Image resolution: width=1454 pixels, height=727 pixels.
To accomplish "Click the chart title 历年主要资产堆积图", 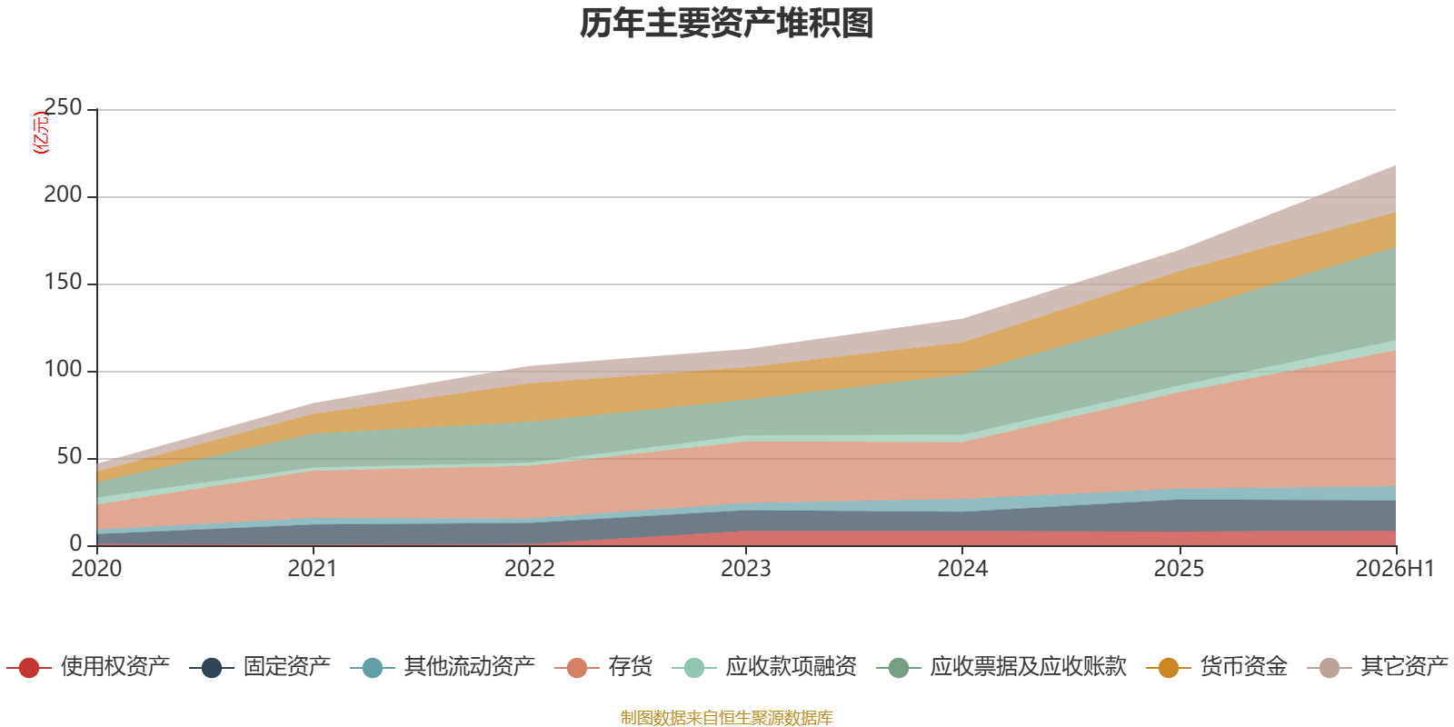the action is (726, 24).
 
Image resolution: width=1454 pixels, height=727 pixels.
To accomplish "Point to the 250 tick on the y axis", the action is (63, 107).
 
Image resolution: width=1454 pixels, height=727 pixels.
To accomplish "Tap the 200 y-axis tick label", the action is (63, 194).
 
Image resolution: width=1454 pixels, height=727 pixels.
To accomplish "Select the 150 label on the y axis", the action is (63, 282).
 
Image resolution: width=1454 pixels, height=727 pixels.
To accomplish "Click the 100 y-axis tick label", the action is (63, 369).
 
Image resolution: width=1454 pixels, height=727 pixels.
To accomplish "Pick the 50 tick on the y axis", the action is (69, 456).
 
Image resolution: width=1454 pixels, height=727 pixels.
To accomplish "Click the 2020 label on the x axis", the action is (96, 569).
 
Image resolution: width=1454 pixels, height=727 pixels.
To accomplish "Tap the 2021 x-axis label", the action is (313, 569).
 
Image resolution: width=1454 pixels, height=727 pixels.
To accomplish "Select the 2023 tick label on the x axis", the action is (746, 569).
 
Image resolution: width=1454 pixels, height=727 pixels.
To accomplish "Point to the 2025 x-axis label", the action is (1179, 569).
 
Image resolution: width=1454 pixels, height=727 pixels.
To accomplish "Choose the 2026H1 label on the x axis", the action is (1394, 569).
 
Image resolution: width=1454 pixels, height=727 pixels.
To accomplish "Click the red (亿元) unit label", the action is (40, 133).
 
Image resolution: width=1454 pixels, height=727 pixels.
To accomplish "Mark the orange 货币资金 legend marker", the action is (1169, 667).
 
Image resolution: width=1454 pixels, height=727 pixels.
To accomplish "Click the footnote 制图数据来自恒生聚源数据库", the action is (726, 717).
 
